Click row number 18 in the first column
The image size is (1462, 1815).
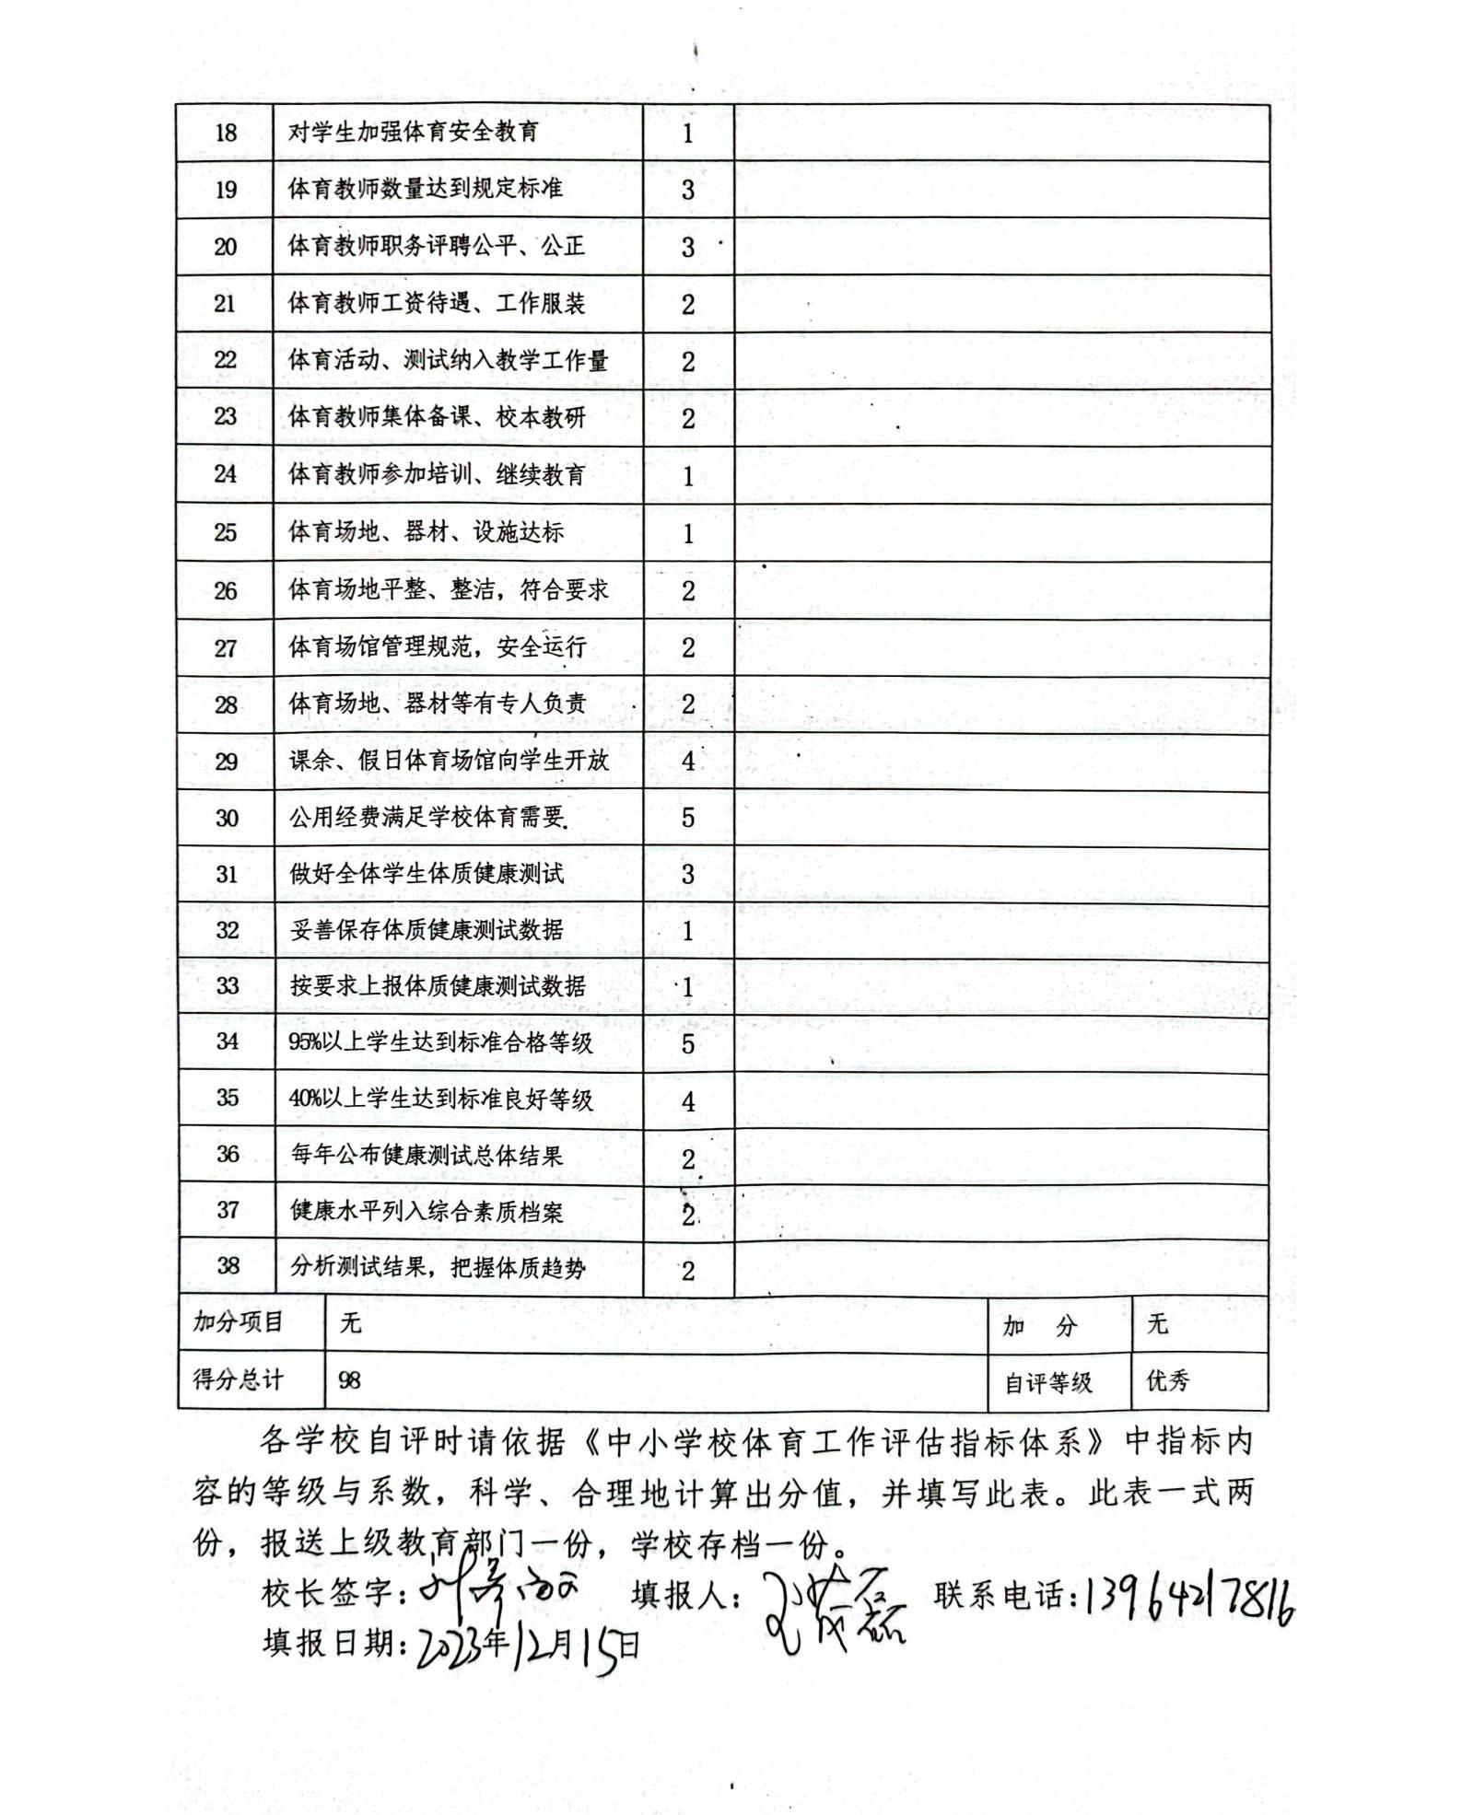pos(226,134)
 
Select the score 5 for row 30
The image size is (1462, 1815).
pos(688,818)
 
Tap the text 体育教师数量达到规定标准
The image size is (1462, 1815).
pos(426,189)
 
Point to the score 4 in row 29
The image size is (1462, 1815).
pos(688,762)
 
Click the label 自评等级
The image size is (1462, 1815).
pos(1048,1382)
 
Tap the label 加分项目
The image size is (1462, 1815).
pos(238,1323)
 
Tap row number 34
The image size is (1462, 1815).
pos(227,1041)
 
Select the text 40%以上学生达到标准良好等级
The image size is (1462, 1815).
pos(441,1099)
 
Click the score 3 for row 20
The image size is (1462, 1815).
pos(688,248)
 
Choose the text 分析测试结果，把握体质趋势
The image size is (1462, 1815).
pos(439,1268)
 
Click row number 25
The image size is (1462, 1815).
pos(226,533)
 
